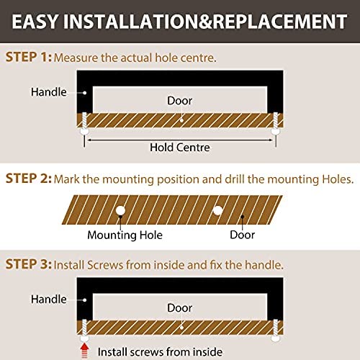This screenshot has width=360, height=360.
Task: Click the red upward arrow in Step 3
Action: pyautogui.click(x=84, y=351)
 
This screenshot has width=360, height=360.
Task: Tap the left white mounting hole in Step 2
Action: pyautogui.click(x=120, y=210)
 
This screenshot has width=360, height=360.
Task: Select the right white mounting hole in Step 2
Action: pyautogui.click(x=217, y=211)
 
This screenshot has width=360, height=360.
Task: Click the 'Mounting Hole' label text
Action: pyautogui.click(x=125, y=235)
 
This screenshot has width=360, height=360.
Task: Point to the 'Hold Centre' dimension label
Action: pyautogui.click(x=180, y=148)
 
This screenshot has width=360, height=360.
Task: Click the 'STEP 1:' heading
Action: pyautogui.click(x=29, y=57)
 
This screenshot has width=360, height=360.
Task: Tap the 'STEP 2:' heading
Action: pyautogui.click(x=29, y=179)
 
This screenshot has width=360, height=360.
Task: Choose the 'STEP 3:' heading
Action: pyautogui.click(x=29, y=264)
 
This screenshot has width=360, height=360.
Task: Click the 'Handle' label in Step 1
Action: pyautogui.click(x=49, y=92)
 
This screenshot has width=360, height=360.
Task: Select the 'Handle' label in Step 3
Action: pyautogui.click(x=49, y=300)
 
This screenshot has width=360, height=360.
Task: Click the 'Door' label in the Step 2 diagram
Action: pyautogui.click(x=242, y=235)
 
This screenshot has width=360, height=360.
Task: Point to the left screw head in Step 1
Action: pyautogui.click(x=84, y=131)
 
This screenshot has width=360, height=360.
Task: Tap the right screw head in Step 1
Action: pyautogui.click(x=276, y=131)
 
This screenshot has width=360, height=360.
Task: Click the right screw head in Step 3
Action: pyautogui.click(x=276, y=338)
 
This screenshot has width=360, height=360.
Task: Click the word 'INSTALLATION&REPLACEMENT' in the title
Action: pyautogui.click(x=205, y=22)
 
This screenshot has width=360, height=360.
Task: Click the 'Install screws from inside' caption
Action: pyautogui.click(x=160, y=352)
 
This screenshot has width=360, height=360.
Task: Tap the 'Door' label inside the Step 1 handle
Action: pyautogui.click(x=180, y=101)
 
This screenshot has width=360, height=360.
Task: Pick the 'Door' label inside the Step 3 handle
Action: pyautogui.click(x=180, y=308)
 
